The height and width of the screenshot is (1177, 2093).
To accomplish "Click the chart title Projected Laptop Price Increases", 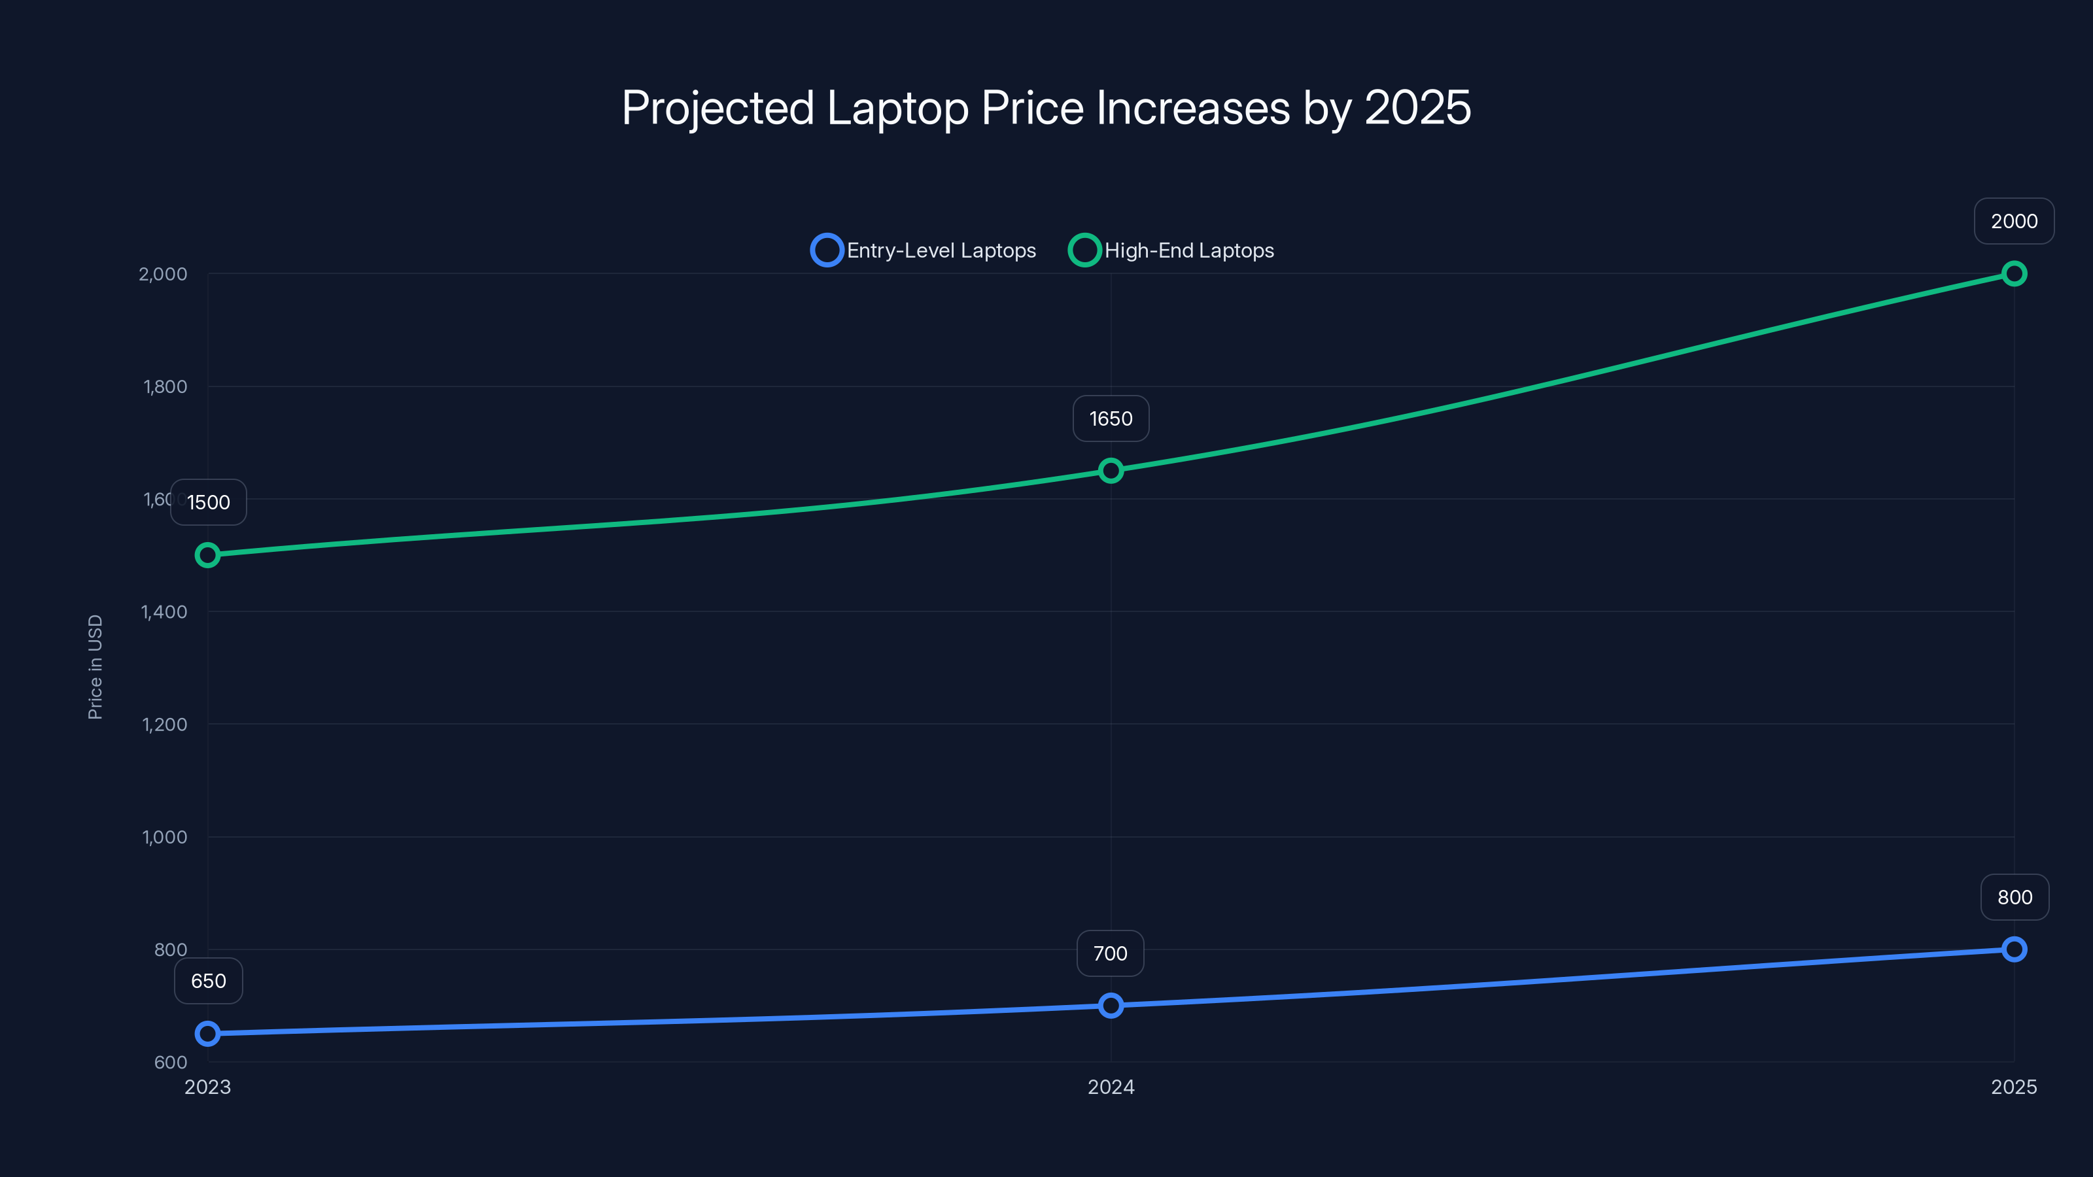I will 1046,108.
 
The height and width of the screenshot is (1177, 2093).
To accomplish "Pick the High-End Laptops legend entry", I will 1171,250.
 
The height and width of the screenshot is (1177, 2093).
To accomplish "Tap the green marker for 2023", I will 208,554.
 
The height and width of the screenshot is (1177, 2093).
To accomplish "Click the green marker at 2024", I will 1111,470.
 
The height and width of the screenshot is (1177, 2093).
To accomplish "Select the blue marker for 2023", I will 208,1033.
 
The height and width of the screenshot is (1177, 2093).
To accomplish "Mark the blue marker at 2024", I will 1111,1006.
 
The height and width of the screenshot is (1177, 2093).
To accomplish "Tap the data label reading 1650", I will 1111,418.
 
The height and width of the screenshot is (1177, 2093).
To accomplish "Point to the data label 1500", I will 209,502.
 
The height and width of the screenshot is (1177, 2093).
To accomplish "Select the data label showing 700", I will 1110,953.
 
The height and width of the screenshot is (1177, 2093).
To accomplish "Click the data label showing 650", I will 209,980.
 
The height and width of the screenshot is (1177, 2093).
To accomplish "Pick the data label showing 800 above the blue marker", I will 2015,896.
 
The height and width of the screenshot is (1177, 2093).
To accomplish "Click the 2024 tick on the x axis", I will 1111,1087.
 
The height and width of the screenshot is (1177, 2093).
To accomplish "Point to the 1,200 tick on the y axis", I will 164,724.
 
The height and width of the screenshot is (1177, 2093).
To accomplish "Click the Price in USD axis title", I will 95,667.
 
